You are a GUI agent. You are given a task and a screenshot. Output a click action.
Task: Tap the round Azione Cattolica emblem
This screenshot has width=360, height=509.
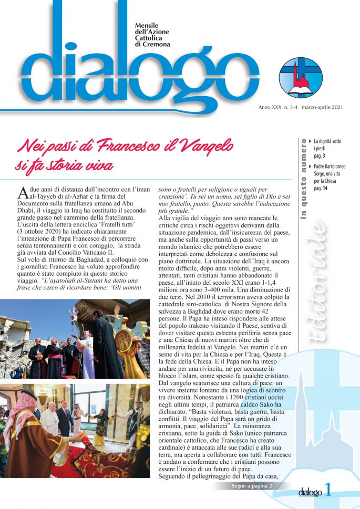pyautogui.click(x=301, y=78)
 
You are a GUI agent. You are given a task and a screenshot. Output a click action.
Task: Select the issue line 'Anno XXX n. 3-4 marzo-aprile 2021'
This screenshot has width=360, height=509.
pyautogui.click(x=301, y=108)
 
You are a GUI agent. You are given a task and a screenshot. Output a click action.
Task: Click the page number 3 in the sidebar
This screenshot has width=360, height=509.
pyautogui.click(x=324, y=156)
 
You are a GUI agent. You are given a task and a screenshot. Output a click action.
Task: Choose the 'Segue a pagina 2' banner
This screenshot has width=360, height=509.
pyautogui.click(x=252, y=486)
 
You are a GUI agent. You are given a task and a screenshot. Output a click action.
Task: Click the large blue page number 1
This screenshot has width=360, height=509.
pyautogui.click(x=328, y=491)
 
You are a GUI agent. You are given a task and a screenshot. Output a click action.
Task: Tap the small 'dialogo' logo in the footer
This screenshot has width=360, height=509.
pyautogui.click(x=310, y=492)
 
